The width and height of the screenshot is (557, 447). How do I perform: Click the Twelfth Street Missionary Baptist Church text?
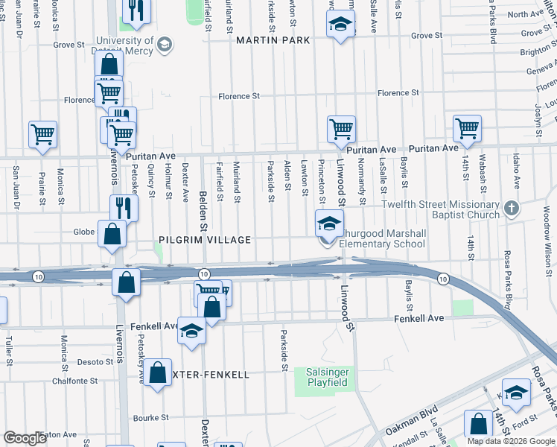click(x=440, y=210)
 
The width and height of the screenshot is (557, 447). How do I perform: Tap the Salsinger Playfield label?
click(x=327, y=377)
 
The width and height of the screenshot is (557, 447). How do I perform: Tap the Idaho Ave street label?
click(x=516, y=171)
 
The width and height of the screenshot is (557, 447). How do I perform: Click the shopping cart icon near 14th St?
click(x=467, y=128)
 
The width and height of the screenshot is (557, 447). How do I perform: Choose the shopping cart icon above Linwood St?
click(x=341, y=128)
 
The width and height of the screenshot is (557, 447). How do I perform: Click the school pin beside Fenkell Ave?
click(x=191, y=331)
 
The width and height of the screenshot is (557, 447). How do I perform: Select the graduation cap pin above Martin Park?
click(x=340, y=25)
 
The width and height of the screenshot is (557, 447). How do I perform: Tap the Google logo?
click(x=25, y=438)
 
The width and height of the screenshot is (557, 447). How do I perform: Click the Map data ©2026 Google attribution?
click(x=512, y=441)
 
